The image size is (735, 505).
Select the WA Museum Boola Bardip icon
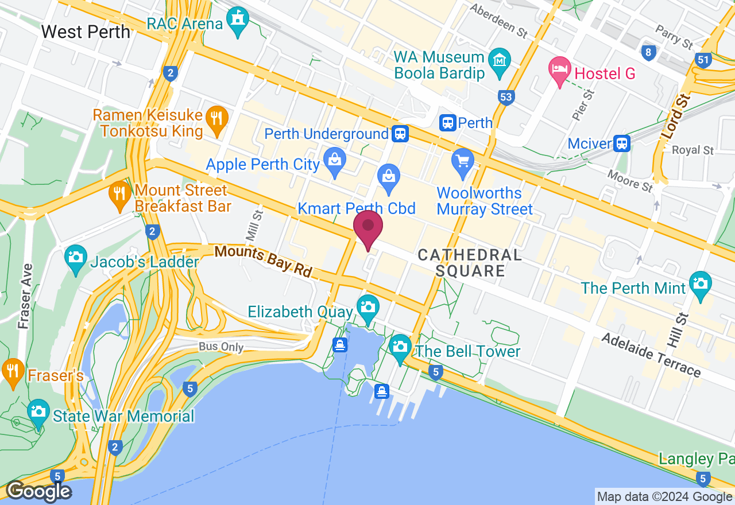(500, 60)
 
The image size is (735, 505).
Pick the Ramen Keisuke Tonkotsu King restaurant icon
(216, 118)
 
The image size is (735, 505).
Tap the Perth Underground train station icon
(400, 134)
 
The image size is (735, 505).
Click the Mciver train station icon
(621, 143)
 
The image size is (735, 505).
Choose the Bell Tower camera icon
(400, 347)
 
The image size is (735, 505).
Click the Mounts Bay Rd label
(263, 261)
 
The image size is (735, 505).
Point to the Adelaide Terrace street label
(651, 355)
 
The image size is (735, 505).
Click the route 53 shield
(506, 97)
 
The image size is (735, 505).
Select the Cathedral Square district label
(470, 263)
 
